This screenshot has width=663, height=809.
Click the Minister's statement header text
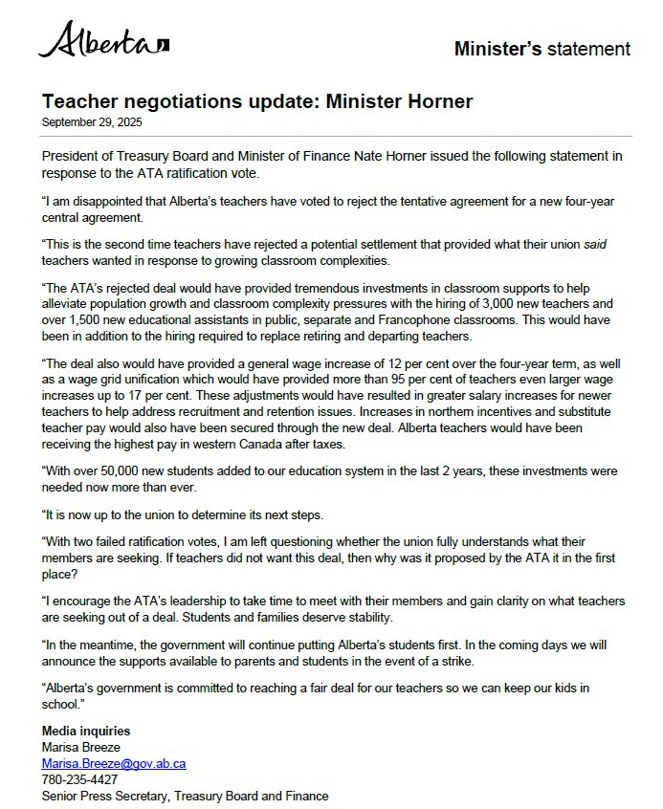coord(541,49)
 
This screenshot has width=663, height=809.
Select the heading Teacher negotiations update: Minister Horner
coord(257,101)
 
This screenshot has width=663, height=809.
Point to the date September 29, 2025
coord(92,121)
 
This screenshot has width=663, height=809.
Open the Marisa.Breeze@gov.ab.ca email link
coord(113,764)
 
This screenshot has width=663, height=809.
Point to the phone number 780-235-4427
coord(81,780)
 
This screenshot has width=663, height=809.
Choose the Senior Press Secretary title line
coord(184,796)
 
